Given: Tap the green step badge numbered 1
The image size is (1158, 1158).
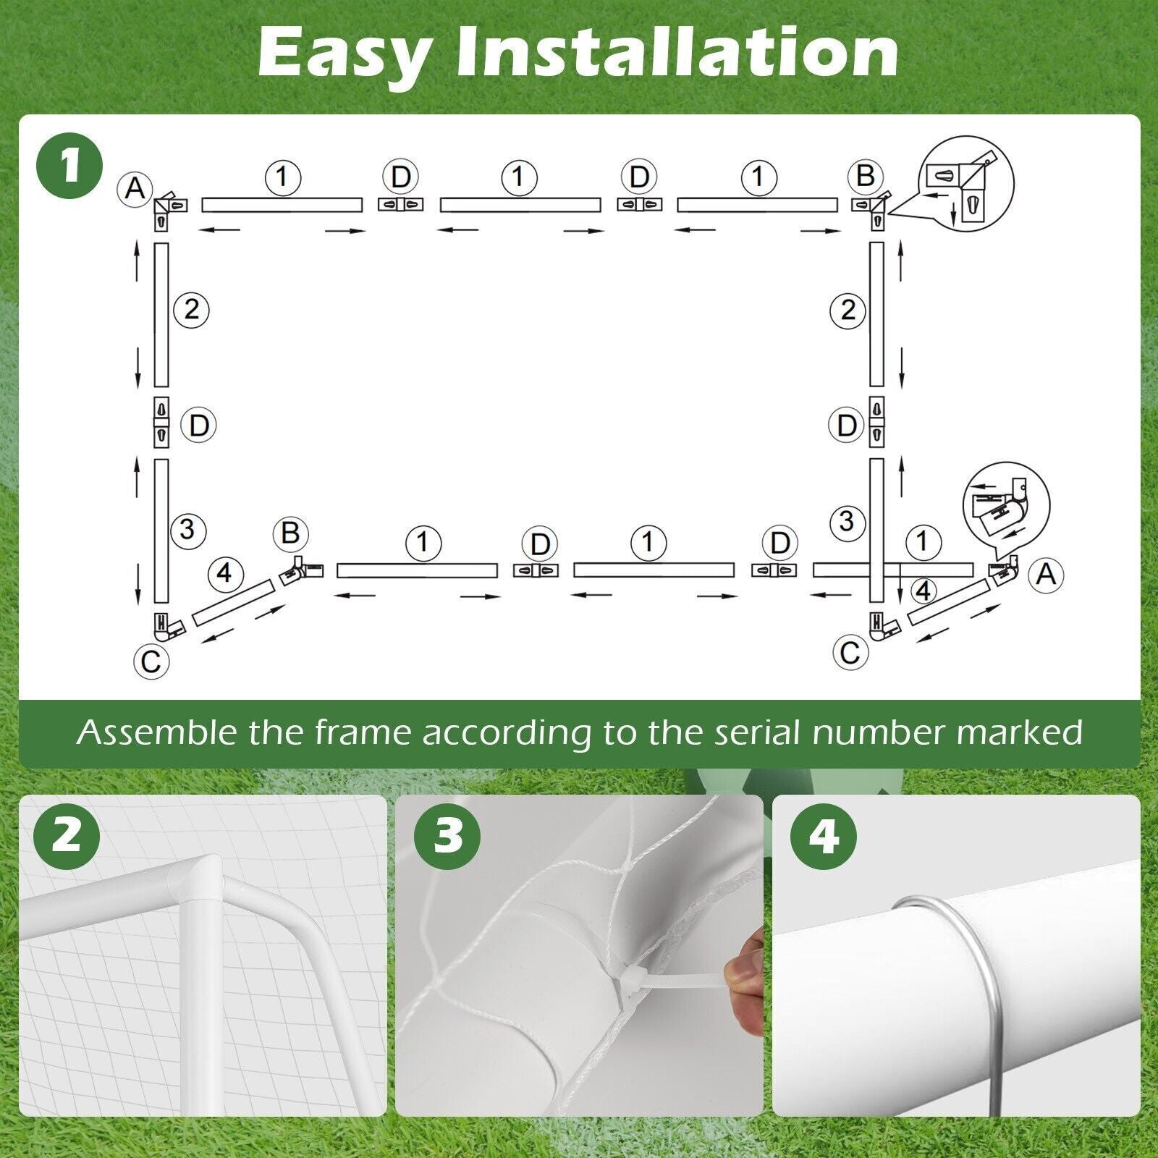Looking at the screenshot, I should click(x=69, y=166).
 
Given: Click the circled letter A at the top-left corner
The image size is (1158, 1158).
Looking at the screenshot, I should click(x=135, y=189).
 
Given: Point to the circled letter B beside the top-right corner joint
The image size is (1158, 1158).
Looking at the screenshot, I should click(x=866, y=176).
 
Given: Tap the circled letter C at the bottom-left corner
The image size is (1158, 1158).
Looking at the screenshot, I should click(x=151, y=662).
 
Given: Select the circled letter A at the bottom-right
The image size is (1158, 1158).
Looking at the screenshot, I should click(x=1046, y=575).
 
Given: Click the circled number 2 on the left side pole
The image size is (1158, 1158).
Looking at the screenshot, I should click(x=192, y=310).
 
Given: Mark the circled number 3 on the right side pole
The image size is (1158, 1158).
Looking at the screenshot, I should click(x=847, y=521).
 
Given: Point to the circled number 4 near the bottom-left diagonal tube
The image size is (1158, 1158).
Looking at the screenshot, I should click(x=225, y=573).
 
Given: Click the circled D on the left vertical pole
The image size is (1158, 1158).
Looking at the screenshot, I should click(x=198, y=425).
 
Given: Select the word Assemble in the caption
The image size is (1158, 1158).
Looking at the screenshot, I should click(x=157, y=732).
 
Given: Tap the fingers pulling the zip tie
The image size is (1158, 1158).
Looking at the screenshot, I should click(x=745, y=983).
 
